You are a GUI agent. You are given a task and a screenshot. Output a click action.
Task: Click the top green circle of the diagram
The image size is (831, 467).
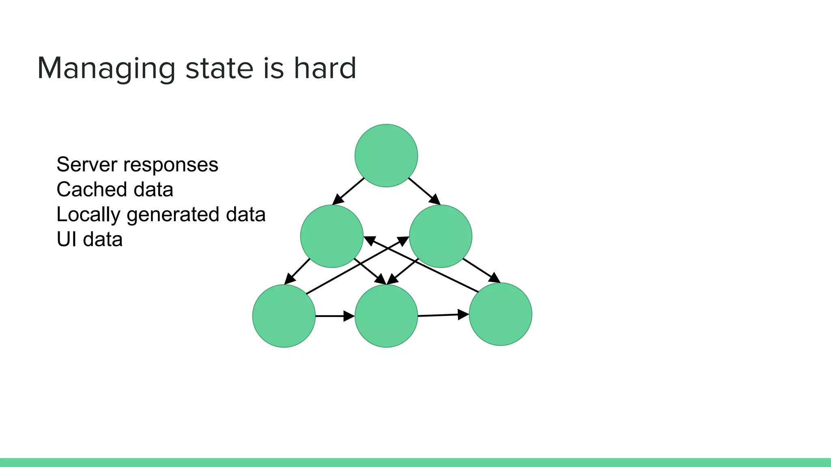[386, 156]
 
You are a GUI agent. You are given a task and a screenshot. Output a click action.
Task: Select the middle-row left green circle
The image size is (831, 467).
[332, 236]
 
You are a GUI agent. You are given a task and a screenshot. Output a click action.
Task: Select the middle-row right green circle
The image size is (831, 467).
[441, 236]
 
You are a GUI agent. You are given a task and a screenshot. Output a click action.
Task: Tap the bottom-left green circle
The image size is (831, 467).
[284, 316]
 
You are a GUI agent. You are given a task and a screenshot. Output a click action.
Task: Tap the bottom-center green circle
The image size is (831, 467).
[386, 316]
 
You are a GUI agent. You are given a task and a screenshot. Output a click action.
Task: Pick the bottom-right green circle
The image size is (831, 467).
[500, 314]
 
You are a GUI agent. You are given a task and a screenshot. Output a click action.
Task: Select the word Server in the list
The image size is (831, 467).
[87, 165]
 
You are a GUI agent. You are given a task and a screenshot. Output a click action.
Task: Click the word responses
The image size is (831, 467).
[171, 165]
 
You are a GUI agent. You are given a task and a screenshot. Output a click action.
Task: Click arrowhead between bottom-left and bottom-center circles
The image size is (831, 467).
[349, 316]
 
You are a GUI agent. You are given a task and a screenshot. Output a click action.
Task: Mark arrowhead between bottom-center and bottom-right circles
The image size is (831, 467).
[463, 315]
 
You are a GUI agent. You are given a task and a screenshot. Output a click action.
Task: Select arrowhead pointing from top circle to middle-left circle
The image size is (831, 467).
[338, 200]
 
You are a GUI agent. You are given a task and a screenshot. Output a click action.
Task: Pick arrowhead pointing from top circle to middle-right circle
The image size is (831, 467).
[435, 199]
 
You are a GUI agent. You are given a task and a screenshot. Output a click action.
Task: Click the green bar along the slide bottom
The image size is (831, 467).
[415, 463]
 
